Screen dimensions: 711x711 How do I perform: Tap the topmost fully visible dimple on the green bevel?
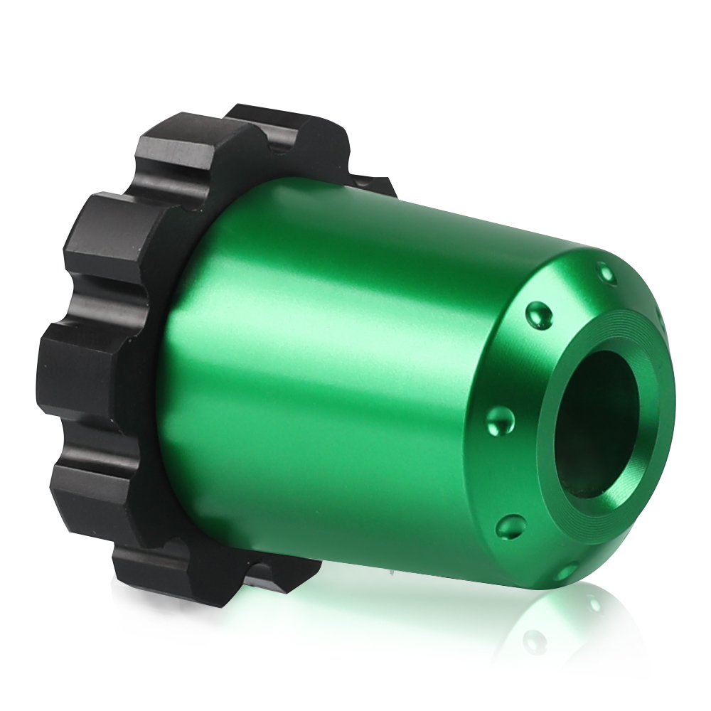point(605,272)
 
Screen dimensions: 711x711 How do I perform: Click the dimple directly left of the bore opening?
point(502,420)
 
